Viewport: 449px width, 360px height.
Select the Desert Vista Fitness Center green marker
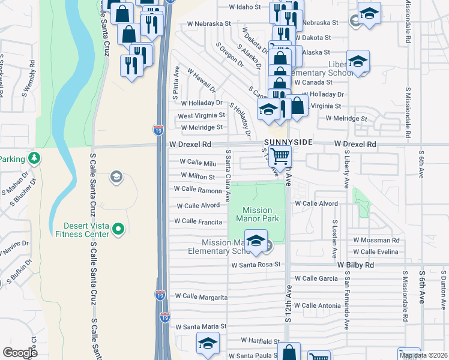point(118,228)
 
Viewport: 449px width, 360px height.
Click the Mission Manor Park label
point(258,215)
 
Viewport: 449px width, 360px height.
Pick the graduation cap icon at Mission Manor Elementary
point(256,241)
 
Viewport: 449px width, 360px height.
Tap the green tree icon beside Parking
point(35,158)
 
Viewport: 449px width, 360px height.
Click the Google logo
point(20,353)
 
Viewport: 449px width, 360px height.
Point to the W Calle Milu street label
point(197,163)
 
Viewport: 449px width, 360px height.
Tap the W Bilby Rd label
point(355,265)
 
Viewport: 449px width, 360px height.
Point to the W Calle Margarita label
point(201,296)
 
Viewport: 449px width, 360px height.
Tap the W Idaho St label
point(246,7)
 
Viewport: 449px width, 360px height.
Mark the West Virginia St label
point(201,115)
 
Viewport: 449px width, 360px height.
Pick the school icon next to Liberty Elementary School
point(358,61)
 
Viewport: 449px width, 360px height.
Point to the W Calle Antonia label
point(322,305)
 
